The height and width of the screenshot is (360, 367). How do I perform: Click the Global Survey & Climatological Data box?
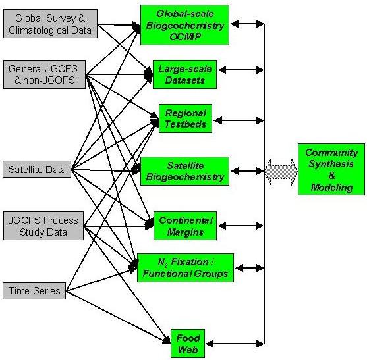(x=50, y=24)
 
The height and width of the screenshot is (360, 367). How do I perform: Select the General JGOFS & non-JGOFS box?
(x=44, y=74)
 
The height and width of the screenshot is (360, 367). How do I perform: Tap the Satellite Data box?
(x=37, y=169)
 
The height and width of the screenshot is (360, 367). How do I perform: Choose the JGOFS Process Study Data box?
(x=43, y=226)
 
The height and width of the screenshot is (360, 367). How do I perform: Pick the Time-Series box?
(x=34, y=291)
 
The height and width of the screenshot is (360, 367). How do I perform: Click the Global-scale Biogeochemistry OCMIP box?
(x=184, y=25)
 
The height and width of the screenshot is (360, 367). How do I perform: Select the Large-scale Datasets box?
(x=184, y=74)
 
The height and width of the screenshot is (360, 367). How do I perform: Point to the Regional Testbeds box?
(x=185, y=118)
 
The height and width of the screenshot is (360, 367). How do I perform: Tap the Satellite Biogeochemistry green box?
(x=184, y=171)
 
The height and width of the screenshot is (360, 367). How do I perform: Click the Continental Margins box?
(x=185, y=226)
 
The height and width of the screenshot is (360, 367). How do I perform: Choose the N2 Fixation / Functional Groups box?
(x=185, y=268)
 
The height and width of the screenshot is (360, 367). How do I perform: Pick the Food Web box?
(x=188, y=344)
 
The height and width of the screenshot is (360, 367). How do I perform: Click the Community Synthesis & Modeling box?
(x=331, y=170)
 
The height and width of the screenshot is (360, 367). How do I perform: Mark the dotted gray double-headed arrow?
(x=281, y=172)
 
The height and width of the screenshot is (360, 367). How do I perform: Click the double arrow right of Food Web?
(x=235, y=344)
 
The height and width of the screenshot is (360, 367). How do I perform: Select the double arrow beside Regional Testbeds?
(x=239, y=120)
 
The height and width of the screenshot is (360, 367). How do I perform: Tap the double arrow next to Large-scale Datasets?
(x=241, y=70)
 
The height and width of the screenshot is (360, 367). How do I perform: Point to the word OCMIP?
(x=185, y=37)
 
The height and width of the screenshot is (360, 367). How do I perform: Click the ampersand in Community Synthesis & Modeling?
(x=331, y=175)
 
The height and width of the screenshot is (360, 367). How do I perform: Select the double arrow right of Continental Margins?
(x=241, y=226)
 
